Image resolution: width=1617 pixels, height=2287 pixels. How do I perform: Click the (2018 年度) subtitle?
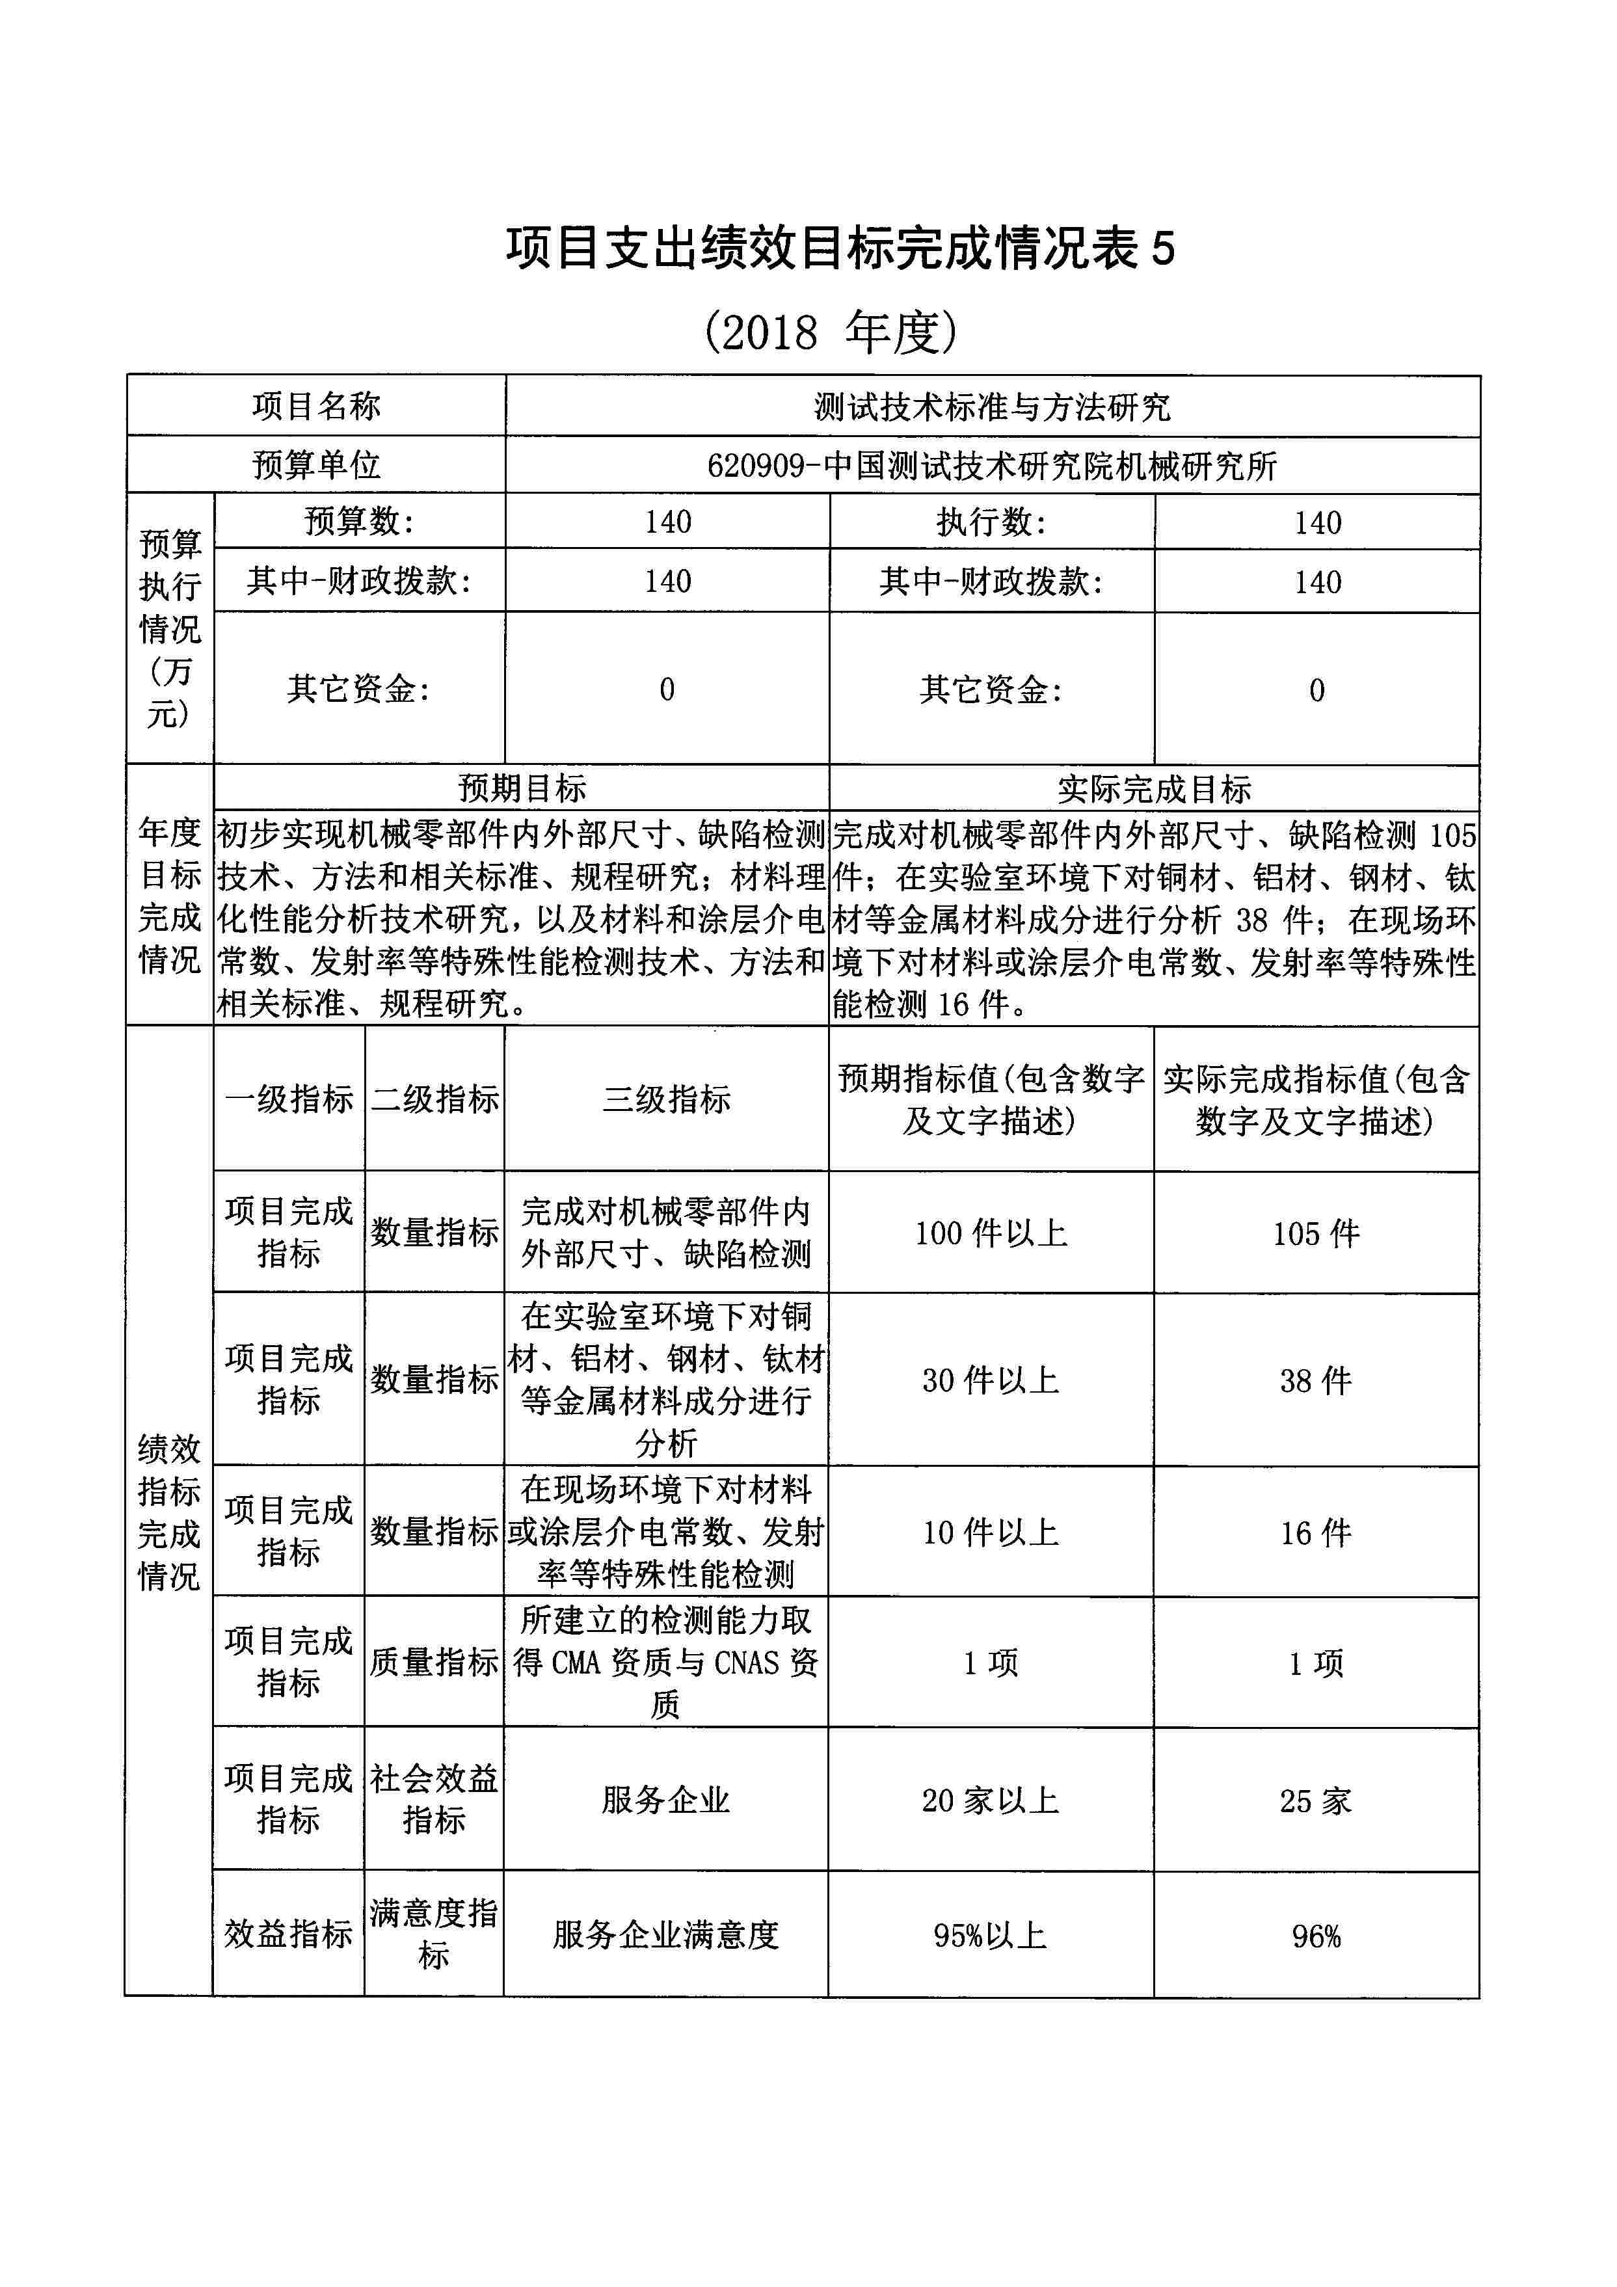(x=830, y=332)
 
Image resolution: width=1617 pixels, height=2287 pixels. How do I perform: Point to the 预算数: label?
(x=358, y=521)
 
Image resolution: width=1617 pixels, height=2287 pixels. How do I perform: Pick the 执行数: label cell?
(x=991, y=522)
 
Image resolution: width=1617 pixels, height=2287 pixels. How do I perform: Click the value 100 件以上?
(x=991, y=1233)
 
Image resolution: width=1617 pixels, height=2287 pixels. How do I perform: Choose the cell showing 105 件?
(x=1315, y=1233)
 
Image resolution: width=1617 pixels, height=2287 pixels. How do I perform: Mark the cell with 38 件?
(x=1315, y=1380)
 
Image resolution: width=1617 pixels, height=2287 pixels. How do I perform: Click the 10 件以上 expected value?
(x=991, y=1532)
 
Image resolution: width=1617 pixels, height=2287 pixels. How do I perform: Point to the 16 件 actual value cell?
(x=1315, y=1532)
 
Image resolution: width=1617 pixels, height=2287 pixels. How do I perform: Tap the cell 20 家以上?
(x=991, y=1800)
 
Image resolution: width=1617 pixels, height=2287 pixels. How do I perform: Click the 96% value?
(x=1315, y=1935)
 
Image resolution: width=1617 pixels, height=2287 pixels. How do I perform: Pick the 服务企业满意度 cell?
(x=665, y=1934)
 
